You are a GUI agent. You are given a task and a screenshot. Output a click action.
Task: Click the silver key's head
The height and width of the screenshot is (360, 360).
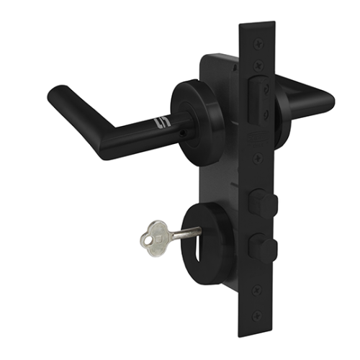coord(152,235)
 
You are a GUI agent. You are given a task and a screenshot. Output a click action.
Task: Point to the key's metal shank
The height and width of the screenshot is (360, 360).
coord(185,232)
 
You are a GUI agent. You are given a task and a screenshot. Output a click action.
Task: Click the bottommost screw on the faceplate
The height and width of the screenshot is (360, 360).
coord(258,315)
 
